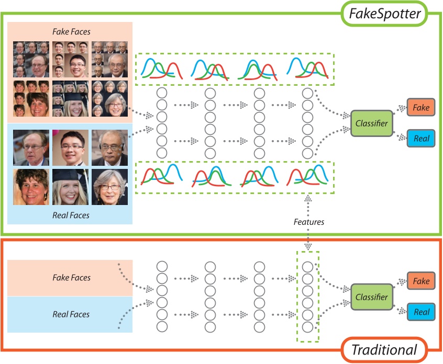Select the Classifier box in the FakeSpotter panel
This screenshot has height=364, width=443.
point(371,123)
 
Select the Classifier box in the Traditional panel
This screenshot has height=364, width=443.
point(371,297)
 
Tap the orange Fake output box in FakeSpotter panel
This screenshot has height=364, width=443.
point(421,108)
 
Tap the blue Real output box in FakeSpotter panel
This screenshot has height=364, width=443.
point(421,139)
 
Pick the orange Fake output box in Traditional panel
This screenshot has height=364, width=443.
point(421,281)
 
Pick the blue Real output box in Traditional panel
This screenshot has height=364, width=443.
point(421,312)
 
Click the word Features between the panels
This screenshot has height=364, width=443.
point(308,222)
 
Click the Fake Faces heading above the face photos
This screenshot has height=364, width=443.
point(71,31)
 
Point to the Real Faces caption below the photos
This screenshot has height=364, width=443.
point(71,215)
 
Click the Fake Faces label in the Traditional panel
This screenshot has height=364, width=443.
point(71,278)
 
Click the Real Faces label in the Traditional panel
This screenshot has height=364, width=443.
point(71,314)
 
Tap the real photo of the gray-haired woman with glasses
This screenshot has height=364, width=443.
point(110,187)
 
